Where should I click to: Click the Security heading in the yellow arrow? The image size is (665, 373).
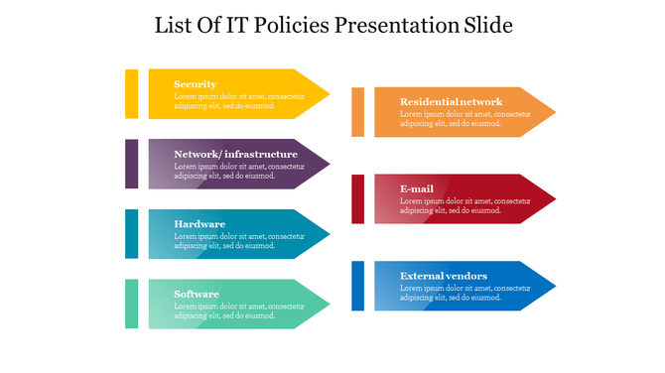point(195,84)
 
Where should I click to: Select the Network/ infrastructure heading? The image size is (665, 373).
point(235,154)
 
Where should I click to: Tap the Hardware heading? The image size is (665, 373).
point(199,224)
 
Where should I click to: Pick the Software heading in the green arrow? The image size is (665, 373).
point(197,294)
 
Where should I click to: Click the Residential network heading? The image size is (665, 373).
point(451,101)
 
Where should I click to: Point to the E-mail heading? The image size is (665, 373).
point(417,188)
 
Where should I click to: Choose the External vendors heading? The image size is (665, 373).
point(444,276)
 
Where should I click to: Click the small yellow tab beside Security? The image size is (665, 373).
point(132,93)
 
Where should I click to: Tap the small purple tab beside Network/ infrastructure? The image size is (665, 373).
point(132,164)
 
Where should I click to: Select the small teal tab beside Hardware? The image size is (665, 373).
point(132,233)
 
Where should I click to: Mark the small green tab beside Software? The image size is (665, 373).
point(132,304)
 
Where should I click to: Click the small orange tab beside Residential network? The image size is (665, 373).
point(357,111)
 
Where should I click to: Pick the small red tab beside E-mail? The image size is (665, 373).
point(357,198)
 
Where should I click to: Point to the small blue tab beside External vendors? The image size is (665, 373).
point(357,286)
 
